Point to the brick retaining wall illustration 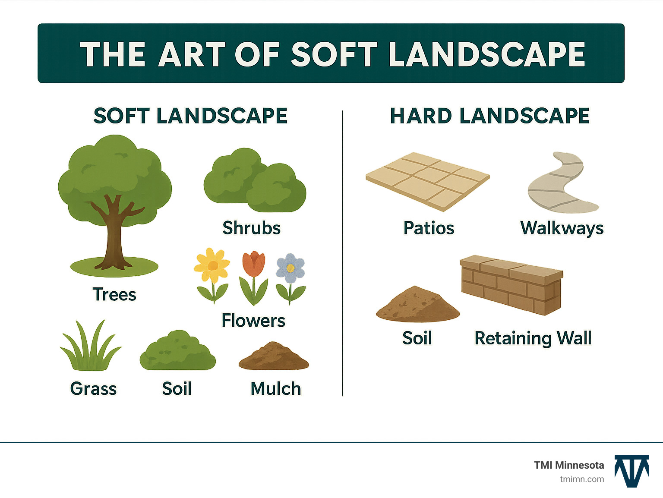511,284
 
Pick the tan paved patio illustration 427,181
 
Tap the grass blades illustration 91,345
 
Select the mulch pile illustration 274,356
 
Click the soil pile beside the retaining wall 418,304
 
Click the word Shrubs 251,228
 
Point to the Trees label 114,294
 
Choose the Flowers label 253,321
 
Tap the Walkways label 562,228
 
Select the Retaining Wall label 533,338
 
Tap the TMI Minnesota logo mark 632,471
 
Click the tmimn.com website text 582,479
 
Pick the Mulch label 275,388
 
